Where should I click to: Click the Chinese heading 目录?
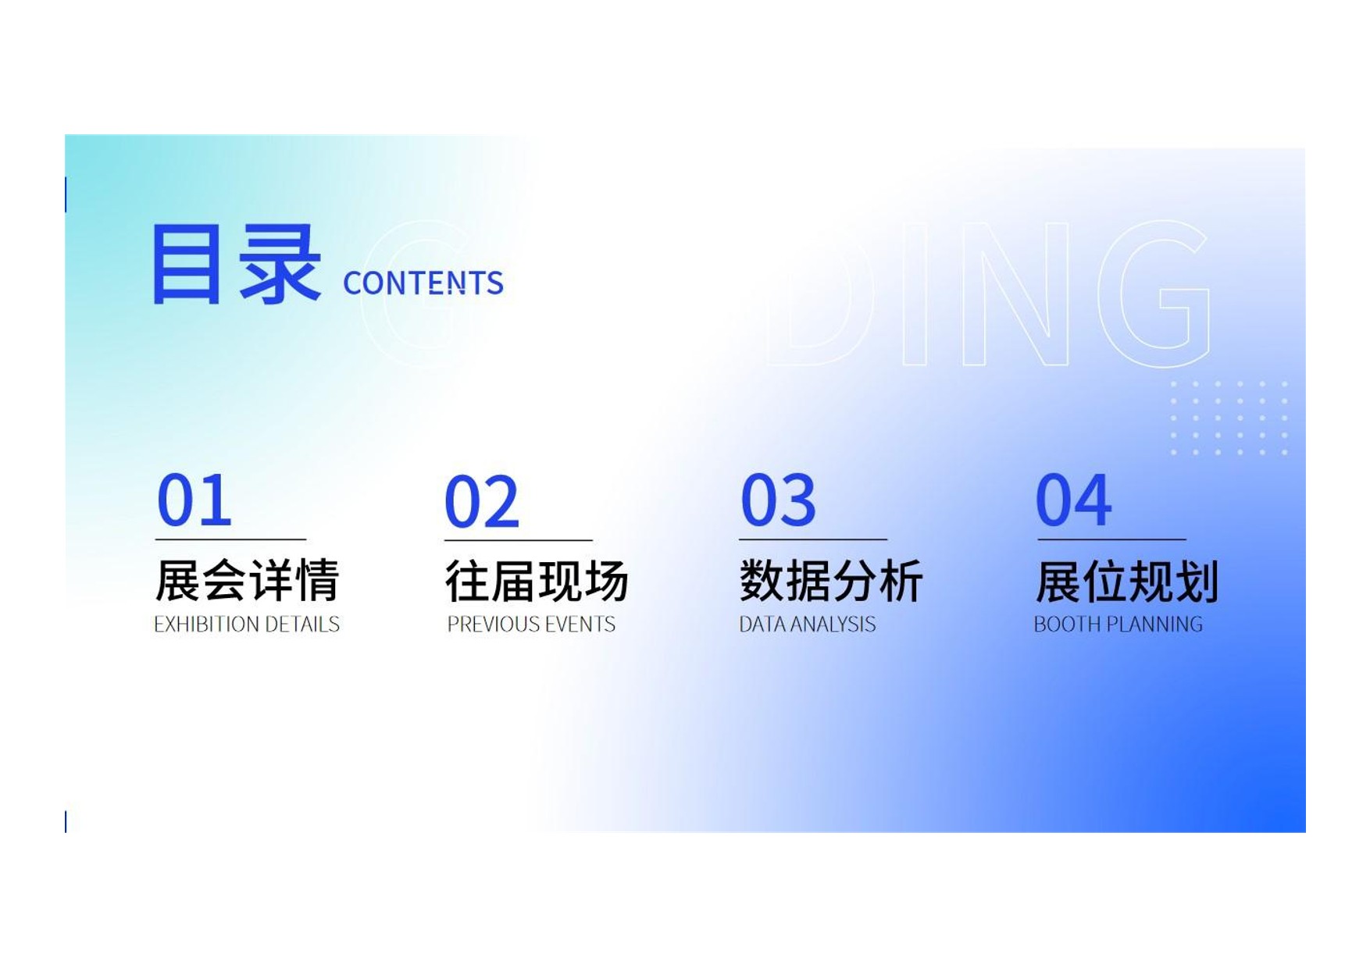click(237, 264)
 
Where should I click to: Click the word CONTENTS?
click(423, 283)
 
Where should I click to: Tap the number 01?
click(194, 500)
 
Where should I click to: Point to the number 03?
click(778, 500)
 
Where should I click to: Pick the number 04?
click(1073, 500)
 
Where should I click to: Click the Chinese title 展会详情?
click(247, 581)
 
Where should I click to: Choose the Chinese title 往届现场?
click(537, 582)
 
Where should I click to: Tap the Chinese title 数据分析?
click(831, 581)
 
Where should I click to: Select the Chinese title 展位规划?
click(1127, 582)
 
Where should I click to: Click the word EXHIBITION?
click(207, 625)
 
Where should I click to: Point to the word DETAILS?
click(303, 625)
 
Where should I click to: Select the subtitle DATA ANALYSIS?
click(808, 625)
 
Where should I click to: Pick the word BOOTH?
click(1068, 625)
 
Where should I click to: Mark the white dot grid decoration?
click(1229, 418)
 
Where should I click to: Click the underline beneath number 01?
click(230, 539)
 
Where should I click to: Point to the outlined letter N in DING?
click(1015, 294)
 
